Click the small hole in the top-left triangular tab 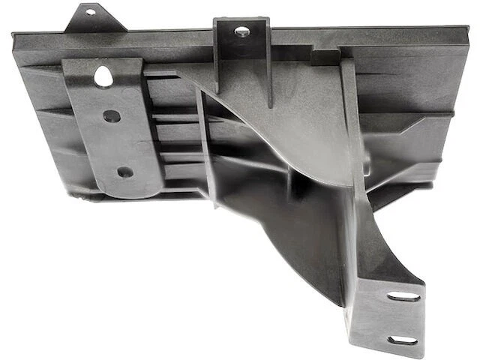point(91,12)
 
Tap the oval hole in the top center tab point(242,31)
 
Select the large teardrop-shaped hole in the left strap point(103,75)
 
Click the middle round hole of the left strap point(112,116)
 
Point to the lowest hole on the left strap point(125,172)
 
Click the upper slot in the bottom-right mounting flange point(403,296)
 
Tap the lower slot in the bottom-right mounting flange point(403,340)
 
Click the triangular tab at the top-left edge point(93,19)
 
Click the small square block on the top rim point(325,58)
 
